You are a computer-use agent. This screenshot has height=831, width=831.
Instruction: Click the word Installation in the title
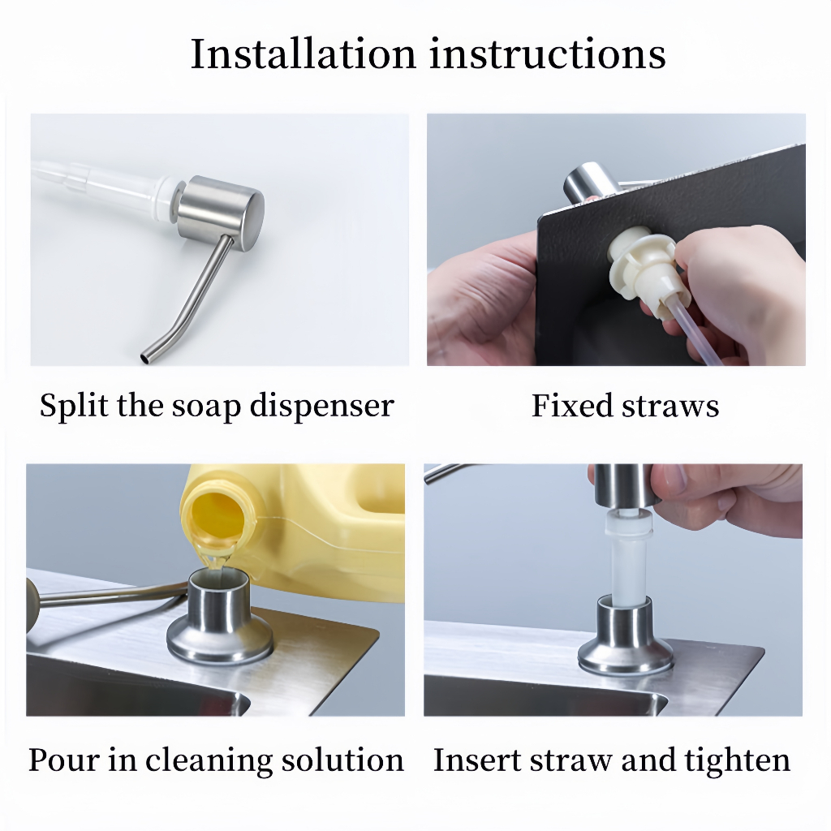pos(304,54)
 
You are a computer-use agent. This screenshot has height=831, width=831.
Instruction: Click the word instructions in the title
pos(548,54)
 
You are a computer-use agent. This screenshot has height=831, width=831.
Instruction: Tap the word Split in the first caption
pos(75,407)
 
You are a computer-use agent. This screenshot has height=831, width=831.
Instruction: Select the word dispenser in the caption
pos(321,407)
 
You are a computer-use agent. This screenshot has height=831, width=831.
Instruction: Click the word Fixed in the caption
pos(572,406)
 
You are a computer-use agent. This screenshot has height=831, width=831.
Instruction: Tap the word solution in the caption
pos(342,760)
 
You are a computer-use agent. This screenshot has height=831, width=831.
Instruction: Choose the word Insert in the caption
pos(478,760)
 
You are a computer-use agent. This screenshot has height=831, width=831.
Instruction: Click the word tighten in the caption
pos(737,760)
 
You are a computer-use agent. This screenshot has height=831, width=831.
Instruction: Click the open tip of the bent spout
pos(144,358)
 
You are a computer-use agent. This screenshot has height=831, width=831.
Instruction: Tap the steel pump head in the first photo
pos(220,213)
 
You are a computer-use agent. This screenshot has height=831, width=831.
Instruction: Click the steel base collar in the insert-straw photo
pos(625,636)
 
